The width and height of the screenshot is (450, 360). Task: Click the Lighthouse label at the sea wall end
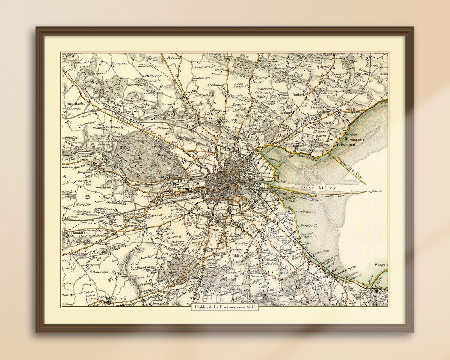point(375,191)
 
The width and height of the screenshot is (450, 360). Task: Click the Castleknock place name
point(115,127)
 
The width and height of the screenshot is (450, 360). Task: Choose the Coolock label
point(298,95)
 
